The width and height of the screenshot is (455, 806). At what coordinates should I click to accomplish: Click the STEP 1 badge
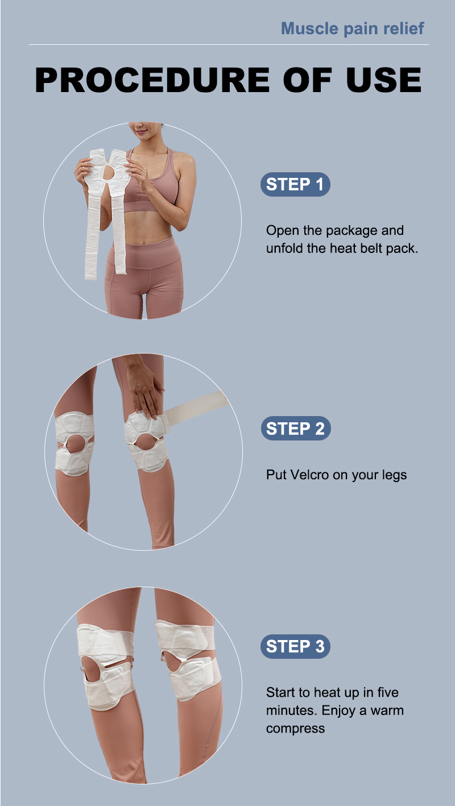click(x=295, y=185)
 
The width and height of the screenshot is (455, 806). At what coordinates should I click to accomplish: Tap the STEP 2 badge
click(x=296, y=429)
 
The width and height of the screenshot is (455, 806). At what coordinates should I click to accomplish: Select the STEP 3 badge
click(x=295, y=646)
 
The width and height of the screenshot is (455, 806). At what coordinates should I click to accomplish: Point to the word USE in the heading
click(x=384, y=80)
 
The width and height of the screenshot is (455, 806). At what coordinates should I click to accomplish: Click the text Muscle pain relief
click(x=353, y=28)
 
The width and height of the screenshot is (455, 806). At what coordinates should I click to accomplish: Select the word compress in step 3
click(x=296, y=729)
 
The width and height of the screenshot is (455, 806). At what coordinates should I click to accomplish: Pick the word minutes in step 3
click(x=292, y=711)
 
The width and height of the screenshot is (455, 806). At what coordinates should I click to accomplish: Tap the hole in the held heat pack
click(x=111, y=172)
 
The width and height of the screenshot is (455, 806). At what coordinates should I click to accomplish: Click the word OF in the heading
click(x=308, y=80)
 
